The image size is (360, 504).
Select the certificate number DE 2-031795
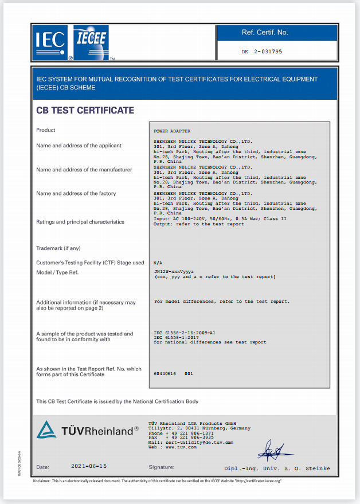262,52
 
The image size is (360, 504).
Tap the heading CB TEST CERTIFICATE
85,110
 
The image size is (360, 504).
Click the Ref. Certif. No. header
265,33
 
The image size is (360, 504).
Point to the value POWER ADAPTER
172,131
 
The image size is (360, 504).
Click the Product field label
46,130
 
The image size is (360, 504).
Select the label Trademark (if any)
58,248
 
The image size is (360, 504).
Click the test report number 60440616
166,373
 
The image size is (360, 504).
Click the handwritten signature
275,451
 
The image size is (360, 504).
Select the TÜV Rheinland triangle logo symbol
46,429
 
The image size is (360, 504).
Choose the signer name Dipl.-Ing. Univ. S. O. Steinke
277,468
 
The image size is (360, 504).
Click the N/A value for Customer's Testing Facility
158,263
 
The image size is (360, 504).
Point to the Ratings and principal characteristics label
80,221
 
